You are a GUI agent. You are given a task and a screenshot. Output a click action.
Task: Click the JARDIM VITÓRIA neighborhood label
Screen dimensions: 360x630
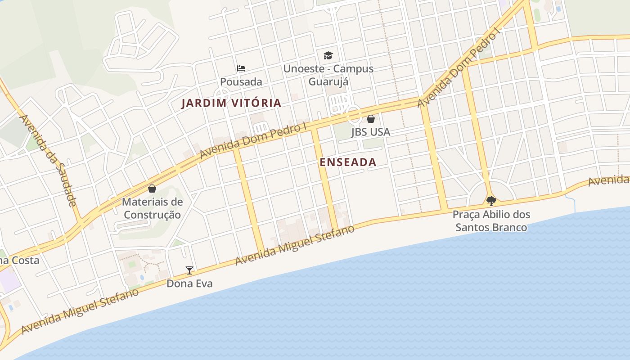231,103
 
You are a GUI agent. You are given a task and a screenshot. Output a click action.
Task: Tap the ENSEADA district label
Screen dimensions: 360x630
348,162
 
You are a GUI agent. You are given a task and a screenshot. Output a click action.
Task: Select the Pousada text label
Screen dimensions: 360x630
241,82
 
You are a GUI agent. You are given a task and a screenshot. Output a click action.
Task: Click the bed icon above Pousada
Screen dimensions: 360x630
241,68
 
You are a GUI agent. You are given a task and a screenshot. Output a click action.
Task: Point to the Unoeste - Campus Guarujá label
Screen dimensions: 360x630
328,75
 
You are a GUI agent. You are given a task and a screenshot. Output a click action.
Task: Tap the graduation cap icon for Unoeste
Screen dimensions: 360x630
328,56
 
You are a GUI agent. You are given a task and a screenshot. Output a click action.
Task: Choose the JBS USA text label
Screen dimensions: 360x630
370,132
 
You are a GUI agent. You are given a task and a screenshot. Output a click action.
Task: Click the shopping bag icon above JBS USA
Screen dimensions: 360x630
370,119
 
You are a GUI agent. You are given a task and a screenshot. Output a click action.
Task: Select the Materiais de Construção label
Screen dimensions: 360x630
152,208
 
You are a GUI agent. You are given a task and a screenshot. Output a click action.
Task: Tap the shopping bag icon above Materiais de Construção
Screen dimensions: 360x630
152,189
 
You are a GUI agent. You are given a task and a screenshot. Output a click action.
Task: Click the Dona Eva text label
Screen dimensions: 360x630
189,283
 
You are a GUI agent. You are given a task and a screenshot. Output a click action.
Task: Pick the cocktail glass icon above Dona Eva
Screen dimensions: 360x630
189,270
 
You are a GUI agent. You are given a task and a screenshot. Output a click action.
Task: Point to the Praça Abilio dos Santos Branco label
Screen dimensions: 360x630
491,221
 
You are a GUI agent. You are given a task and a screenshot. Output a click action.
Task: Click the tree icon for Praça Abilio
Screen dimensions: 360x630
491,201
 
